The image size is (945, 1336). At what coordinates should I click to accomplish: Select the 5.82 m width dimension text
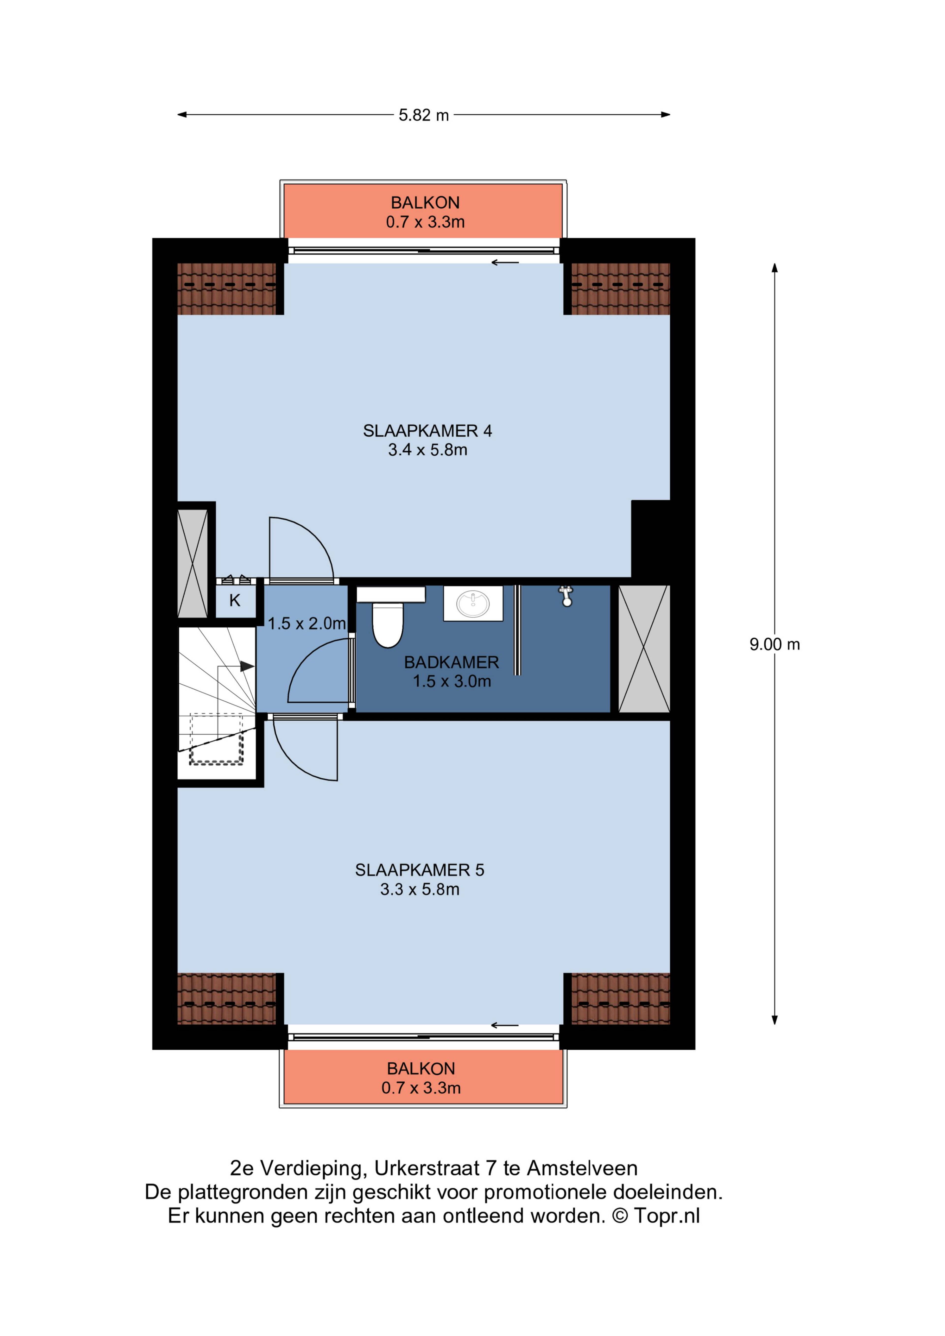point(424,115)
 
